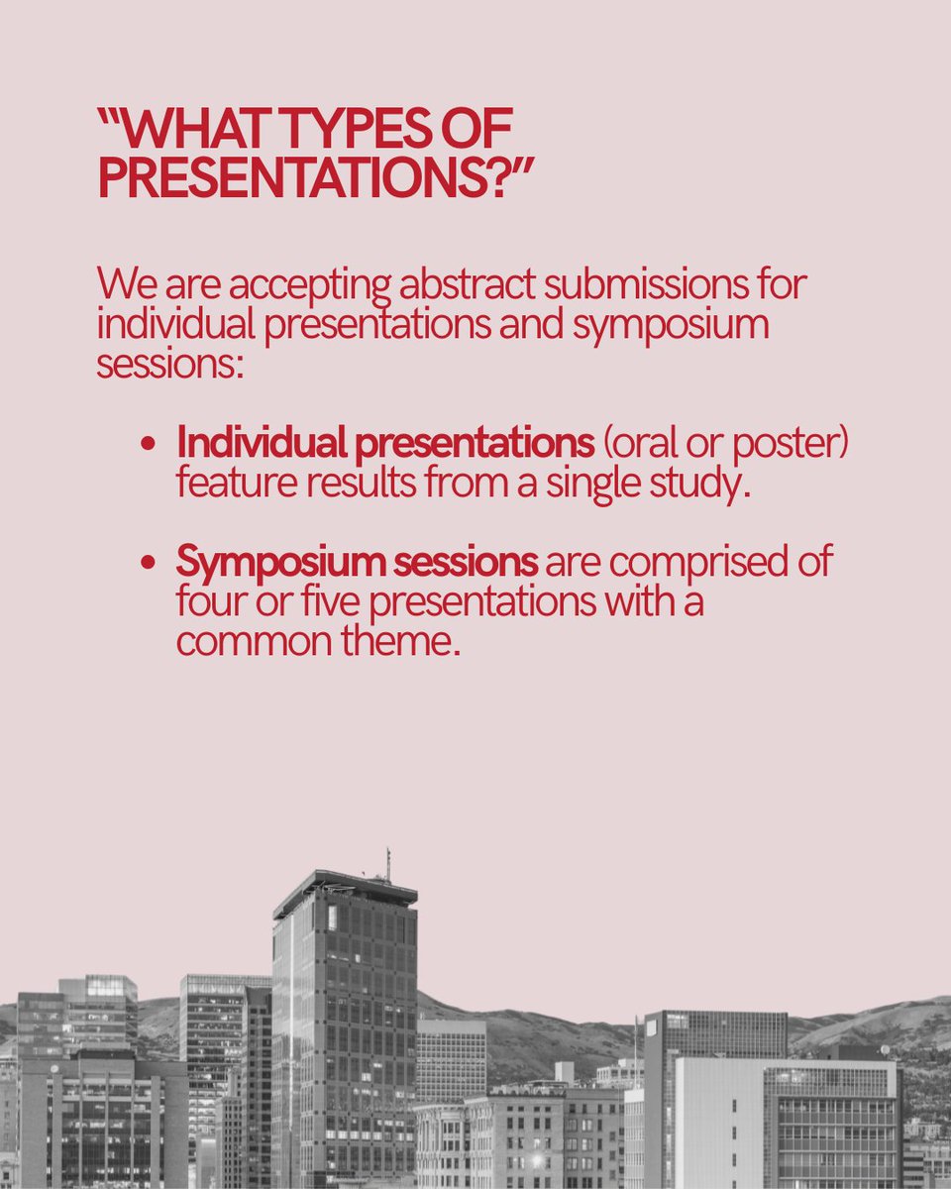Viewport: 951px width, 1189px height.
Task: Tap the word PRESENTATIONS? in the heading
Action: [316, 179]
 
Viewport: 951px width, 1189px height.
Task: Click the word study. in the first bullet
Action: [701, 486]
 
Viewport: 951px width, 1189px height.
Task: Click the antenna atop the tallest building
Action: [387, 862]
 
